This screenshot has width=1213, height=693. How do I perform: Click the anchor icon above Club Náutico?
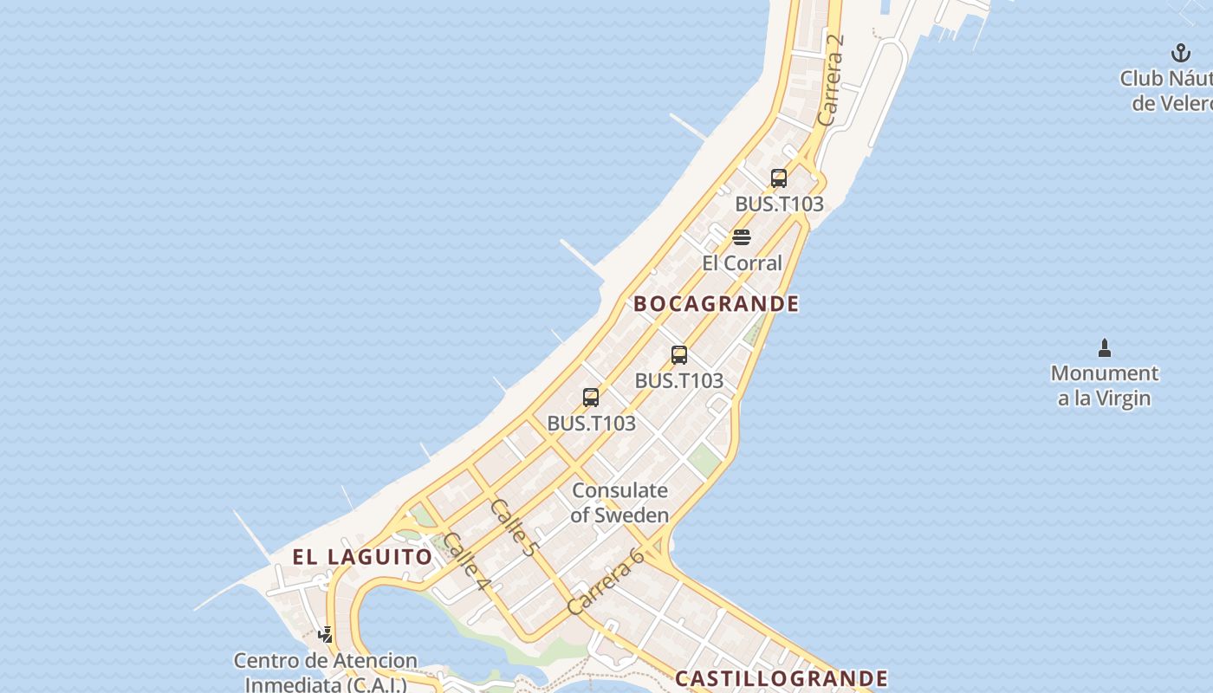(x=1181, y=54)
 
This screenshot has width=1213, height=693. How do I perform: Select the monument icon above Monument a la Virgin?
(x=1105, y=348)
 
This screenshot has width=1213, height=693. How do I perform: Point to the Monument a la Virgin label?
(x=1105, y=385)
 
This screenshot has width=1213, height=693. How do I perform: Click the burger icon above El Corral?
(x=742, y=237)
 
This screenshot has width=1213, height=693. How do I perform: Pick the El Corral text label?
(x=742, y=263)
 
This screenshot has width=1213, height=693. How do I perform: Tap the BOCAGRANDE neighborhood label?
(x=717, y=304)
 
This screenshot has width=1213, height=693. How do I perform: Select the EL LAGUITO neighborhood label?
(x=362, y=557)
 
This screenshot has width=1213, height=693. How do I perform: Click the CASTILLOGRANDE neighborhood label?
(x=782, y=678)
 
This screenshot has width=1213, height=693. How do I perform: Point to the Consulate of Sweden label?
(x=619, y=502)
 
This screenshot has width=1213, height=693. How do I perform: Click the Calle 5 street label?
(x=514, y=527)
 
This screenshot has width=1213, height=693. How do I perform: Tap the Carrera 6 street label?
(x=606, y=582)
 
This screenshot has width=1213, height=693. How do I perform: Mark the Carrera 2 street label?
(x=830, y=80)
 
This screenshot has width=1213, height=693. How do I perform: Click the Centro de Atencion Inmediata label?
(x=326, y=672)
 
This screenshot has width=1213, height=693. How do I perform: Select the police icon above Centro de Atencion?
(x=326, y=635)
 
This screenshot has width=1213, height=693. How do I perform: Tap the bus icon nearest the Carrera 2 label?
(x=779, y=178)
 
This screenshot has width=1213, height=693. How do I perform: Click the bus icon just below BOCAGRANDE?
(x=679, y=354)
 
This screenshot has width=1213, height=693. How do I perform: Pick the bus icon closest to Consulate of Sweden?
(x=591, y=398)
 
